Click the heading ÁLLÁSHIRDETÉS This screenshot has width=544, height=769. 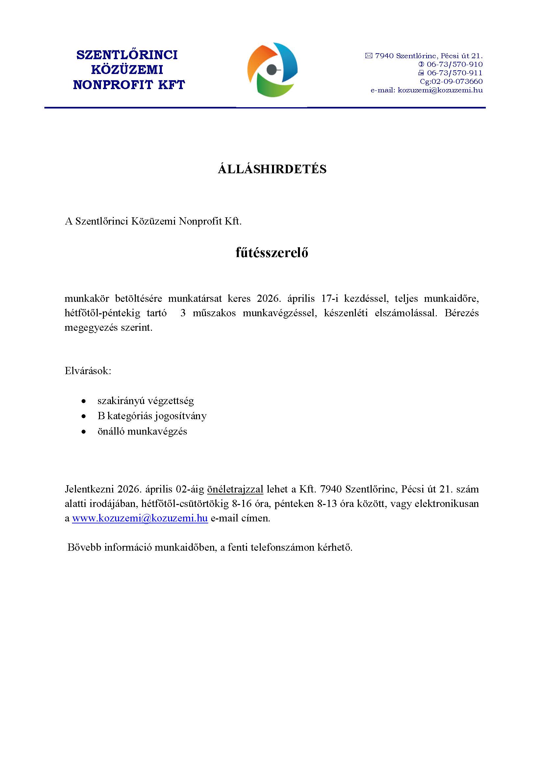tap(272, 169)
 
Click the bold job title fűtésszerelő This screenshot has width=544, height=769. tap(272, 252)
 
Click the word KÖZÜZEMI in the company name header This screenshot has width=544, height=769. tap(127, 70)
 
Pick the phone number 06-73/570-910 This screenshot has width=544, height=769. tap(454, 64)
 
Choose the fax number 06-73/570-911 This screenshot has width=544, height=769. tap(454, 73)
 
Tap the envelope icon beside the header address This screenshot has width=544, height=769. tap(368, 56)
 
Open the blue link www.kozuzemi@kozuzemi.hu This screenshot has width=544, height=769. tap(140, 518)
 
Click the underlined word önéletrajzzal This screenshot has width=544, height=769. tap(235, 489)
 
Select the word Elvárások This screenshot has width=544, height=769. tap(88, 371)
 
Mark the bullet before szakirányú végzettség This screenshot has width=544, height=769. tap(84, 401)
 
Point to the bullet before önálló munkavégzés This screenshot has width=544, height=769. tap(84, 432)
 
